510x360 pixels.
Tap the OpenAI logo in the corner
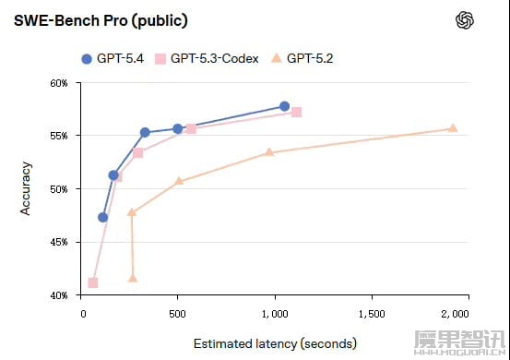[465, 20]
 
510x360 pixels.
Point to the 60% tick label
[59, 83]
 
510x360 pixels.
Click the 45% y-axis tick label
[59, 243]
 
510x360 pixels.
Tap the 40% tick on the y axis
[59, 295]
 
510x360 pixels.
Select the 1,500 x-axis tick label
[372, 313]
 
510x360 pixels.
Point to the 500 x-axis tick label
[179, 313]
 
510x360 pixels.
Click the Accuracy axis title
[27, 189]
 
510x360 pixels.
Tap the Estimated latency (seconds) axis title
[275, 343]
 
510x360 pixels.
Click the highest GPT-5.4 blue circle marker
[284, 107]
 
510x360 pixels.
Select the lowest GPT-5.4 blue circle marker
[103, 218]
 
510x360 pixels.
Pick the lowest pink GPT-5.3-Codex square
[93, 282]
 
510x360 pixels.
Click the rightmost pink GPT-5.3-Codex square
[296, 113]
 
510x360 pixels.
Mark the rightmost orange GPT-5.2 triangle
[453, 128]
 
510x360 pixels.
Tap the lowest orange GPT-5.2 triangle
[133, 278]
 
